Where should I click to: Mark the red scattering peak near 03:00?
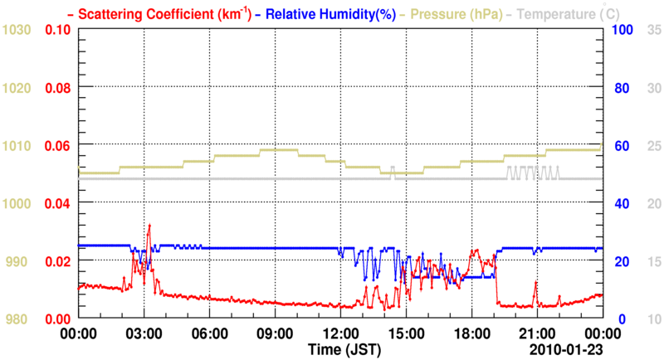pyautogui.click(x=149, y=225)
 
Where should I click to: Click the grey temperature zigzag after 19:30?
pyautogui.click(x=533, y=173)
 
